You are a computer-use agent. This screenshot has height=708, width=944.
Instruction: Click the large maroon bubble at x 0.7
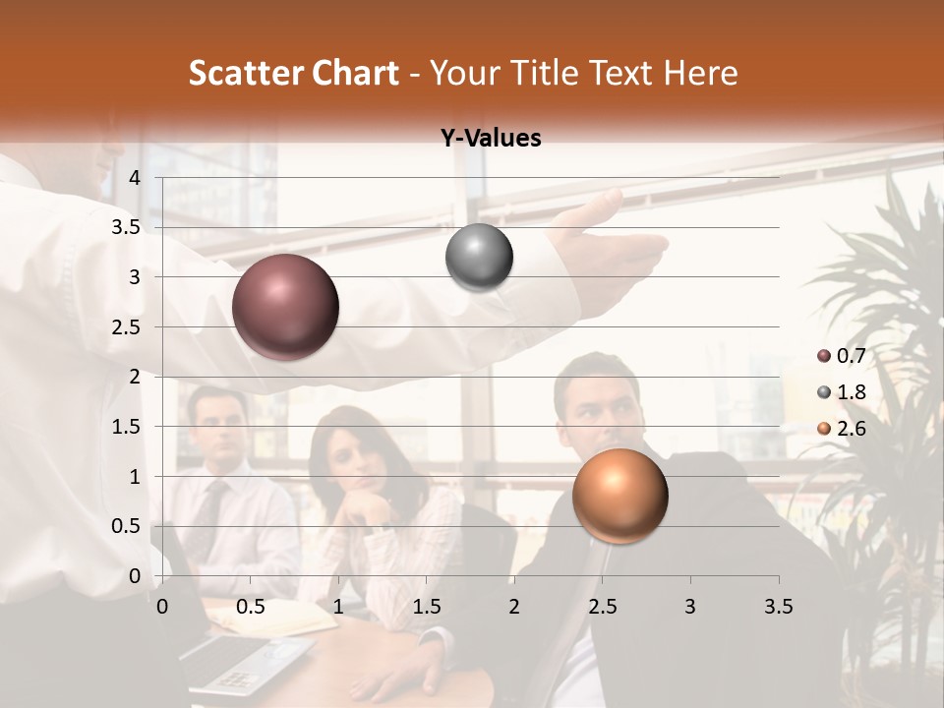pos(285,307)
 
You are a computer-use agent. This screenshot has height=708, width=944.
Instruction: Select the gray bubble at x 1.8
pos(479,258)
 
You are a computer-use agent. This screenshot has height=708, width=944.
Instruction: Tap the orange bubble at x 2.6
pos(619,496)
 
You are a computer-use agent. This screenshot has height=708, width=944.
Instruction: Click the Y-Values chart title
pos(491,139)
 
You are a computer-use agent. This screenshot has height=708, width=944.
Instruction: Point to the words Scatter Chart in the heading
pos(293,73)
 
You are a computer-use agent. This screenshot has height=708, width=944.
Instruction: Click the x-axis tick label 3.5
pos(778,607)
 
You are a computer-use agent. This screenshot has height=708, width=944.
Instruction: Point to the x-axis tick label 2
pos(513,607)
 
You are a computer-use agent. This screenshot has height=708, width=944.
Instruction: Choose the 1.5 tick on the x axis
pos(426,607)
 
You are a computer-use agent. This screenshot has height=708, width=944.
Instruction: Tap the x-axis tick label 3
pos(689,607)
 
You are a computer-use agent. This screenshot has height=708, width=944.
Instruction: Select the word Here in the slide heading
pos(699,73)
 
